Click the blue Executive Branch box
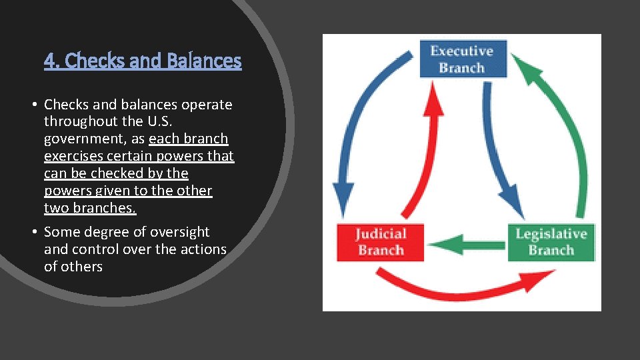[462, 59]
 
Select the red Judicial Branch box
[380, 242]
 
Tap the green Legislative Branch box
[551, 242]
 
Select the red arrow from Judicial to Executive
[427, 153]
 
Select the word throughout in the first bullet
[78, 121]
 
